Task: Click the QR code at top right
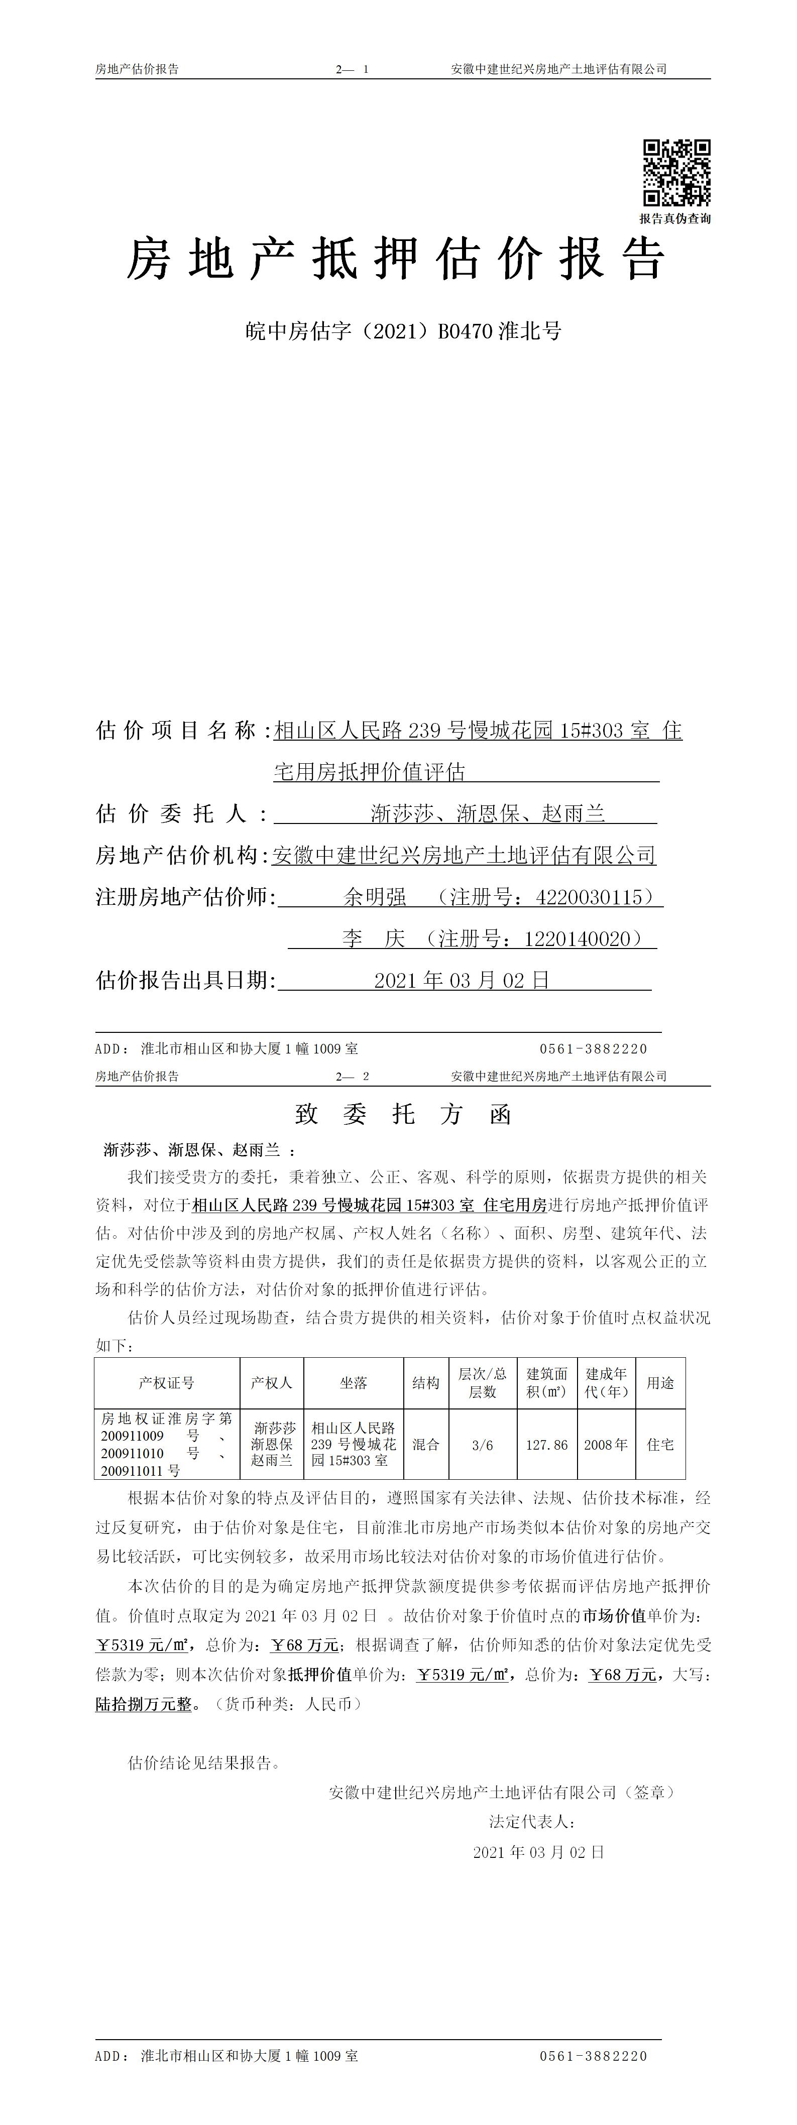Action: point(676,172)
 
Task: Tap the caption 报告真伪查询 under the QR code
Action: point(675,218)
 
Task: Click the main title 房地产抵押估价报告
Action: point(396,259)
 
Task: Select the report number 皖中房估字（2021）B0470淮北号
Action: point(403,331)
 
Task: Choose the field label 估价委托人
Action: point(171,814)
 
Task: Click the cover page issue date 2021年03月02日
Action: point(462,980)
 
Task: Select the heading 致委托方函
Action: point(403,1115)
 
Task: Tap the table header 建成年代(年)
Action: point(607,1383)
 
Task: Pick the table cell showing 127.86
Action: point(547,1445)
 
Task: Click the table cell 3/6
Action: point(483,1445)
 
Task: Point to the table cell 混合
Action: point(426,1445)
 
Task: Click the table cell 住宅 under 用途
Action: point(661,1445)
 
